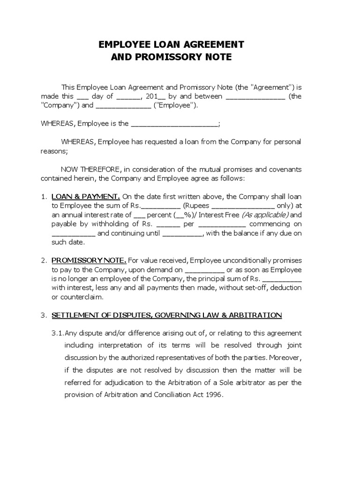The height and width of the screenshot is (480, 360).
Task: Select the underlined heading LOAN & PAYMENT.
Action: click(x=86, y=196)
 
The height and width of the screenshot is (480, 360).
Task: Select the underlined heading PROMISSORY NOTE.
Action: click(x=89, y=260)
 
